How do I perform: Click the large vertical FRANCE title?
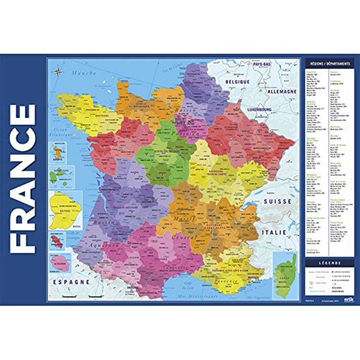[23, 179]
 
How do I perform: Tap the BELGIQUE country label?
[237, 82]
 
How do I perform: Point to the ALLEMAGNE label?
[282, 92]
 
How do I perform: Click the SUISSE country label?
[277, 202]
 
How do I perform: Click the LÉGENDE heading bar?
[328, 263]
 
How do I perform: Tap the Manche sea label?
[84, 73]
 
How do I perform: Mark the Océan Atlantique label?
[60, 129]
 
